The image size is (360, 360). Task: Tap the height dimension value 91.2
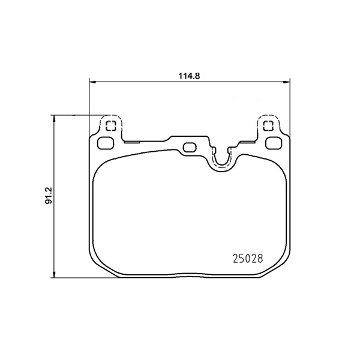(x=48, y=196)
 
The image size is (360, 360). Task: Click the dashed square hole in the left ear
(x=109, y=126)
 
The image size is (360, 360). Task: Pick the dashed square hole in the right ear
(x=269, y=126)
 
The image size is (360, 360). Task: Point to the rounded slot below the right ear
(x=274, y=142)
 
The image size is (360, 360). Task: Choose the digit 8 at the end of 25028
(x=261, y=260)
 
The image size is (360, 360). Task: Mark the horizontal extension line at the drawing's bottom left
(x=72, y=278)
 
